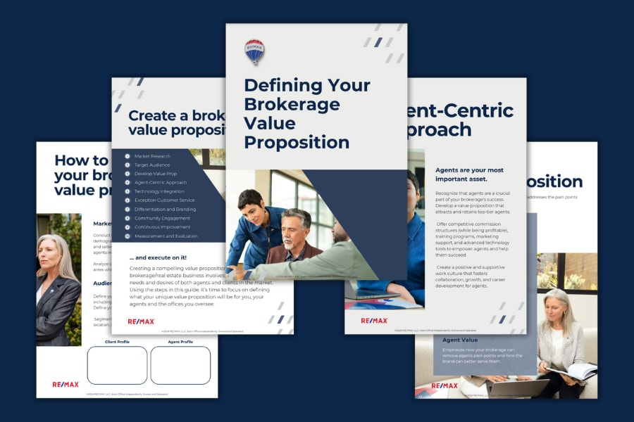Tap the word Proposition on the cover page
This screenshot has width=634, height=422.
[296, 142]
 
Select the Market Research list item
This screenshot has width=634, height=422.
[152, 156]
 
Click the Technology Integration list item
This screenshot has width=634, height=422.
[160, 191]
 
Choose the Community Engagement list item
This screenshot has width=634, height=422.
[162, 218]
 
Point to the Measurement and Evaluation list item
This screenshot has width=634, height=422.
[166, 236]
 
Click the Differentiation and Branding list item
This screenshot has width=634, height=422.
[165, 209]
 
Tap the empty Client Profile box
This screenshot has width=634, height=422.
[117, 365]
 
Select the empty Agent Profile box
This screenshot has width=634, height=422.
[180, 365]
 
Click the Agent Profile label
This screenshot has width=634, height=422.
[180, 342]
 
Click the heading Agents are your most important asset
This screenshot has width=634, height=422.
[469, 174]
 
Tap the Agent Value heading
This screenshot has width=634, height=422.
[461, 340]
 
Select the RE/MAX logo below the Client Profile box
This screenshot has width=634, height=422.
[66, 385]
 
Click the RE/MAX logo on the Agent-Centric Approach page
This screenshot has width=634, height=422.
[374, 321]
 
